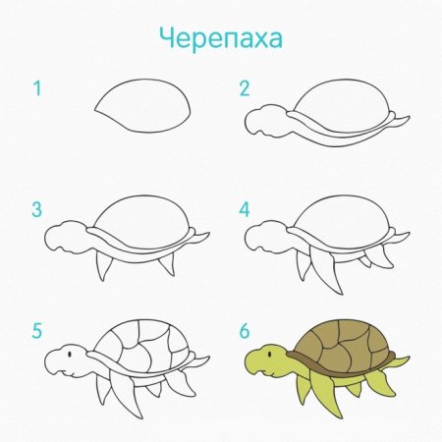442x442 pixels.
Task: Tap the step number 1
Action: (x=37, y=89)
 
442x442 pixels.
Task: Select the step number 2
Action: (x=245, y=89)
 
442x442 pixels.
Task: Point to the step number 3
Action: (x=37, y=209)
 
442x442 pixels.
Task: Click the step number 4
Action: (x=245, y=209)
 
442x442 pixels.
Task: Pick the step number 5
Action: (x=37, y=331)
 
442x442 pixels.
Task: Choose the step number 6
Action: (x=245, y=331)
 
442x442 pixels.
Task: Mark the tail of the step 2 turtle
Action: (x=401, y=121)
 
